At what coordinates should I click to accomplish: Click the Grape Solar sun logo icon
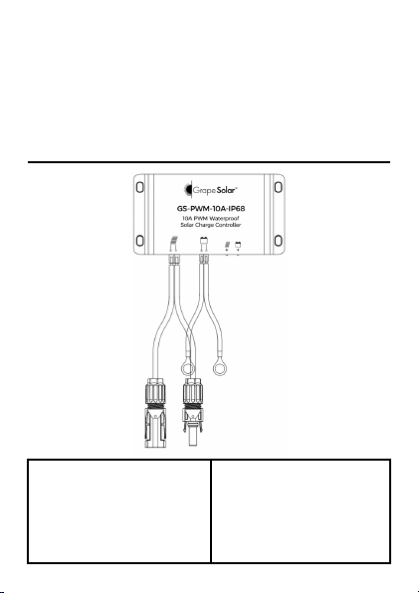click(x=187, y=190)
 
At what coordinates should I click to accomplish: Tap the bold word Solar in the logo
click(x=226, y=190)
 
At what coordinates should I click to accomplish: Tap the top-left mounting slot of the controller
click(x=139, y=187)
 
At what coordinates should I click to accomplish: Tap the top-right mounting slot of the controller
click(x=278, y=187)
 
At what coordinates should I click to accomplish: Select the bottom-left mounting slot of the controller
click(x=139, y=241)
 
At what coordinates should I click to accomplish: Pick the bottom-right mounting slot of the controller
click(x=278, y=241)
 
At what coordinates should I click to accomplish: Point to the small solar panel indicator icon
click(x=227, y=245)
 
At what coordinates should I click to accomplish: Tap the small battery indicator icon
click(x=238, y=245)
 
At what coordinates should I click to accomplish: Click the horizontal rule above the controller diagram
click(x=209, y=162)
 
